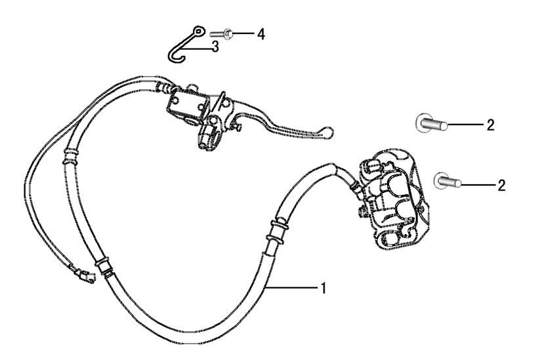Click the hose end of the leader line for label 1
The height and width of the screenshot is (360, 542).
click(266, 287)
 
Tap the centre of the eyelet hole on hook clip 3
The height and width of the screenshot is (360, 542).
click(198, 32)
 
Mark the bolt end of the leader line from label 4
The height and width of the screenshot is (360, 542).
click(232, 33)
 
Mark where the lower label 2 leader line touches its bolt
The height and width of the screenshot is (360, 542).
click(461, 184)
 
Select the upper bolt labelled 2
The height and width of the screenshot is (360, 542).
click(431, 123)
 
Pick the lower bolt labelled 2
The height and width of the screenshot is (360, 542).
click(448, 180)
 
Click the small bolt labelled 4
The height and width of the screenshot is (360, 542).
click(221, 34)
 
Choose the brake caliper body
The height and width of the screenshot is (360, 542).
click(392, 198)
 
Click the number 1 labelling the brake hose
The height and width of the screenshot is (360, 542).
click(323, 288)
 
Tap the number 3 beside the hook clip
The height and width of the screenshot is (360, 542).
click(215, 46)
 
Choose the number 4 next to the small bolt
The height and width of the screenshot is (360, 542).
click(261, 34)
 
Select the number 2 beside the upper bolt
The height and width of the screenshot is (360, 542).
click(490, 125)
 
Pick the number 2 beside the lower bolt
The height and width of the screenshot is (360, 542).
click(501, 186)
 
